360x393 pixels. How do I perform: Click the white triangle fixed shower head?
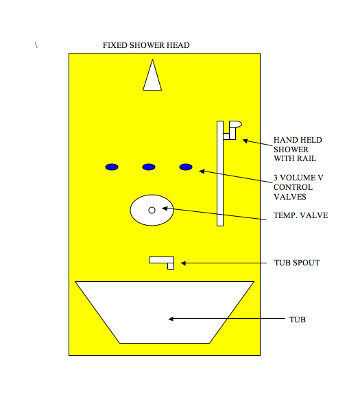[152, 78]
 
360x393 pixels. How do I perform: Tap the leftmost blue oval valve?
[112, 167]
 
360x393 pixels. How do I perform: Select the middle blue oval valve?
[149, 167]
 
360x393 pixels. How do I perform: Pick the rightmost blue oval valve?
[186, 167]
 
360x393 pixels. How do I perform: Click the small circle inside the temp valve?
[152, 211]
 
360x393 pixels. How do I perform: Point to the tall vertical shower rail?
[220, 174]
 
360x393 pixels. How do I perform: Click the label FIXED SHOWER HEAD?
[146, 45]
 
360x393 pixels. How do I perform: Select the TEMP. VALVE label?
[300, 215]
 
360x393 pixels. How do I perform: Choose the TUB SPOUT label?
[297, 263]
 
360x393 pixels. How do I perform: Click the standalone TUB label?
[298, 320]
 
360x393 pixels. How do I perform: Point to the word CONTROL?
[293, 187]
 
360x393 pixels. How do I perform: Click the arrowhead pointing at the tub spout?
[183, 263]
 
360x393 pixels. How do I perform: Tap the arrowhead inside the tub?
[171, 319]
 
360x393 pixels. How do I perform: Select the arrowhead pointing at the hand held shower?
[245, 141]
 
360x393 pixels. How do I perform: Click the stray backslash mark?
[36, 45]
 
